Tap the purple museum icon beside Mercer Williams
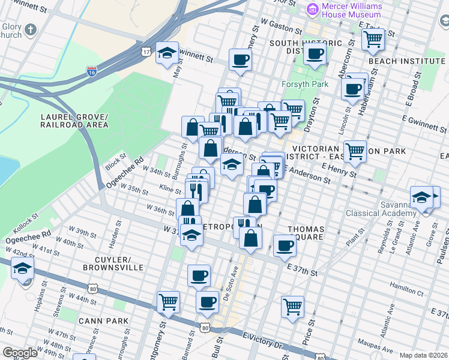(312, 10)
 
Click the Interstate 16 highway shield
(91, 72)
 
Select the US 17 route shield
(146, 52)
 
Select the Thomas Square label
(306, 233)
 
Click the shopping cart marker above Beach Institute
(373, 40)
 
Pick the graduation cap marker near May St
(167, 53)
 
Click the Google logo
(20, 353)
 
